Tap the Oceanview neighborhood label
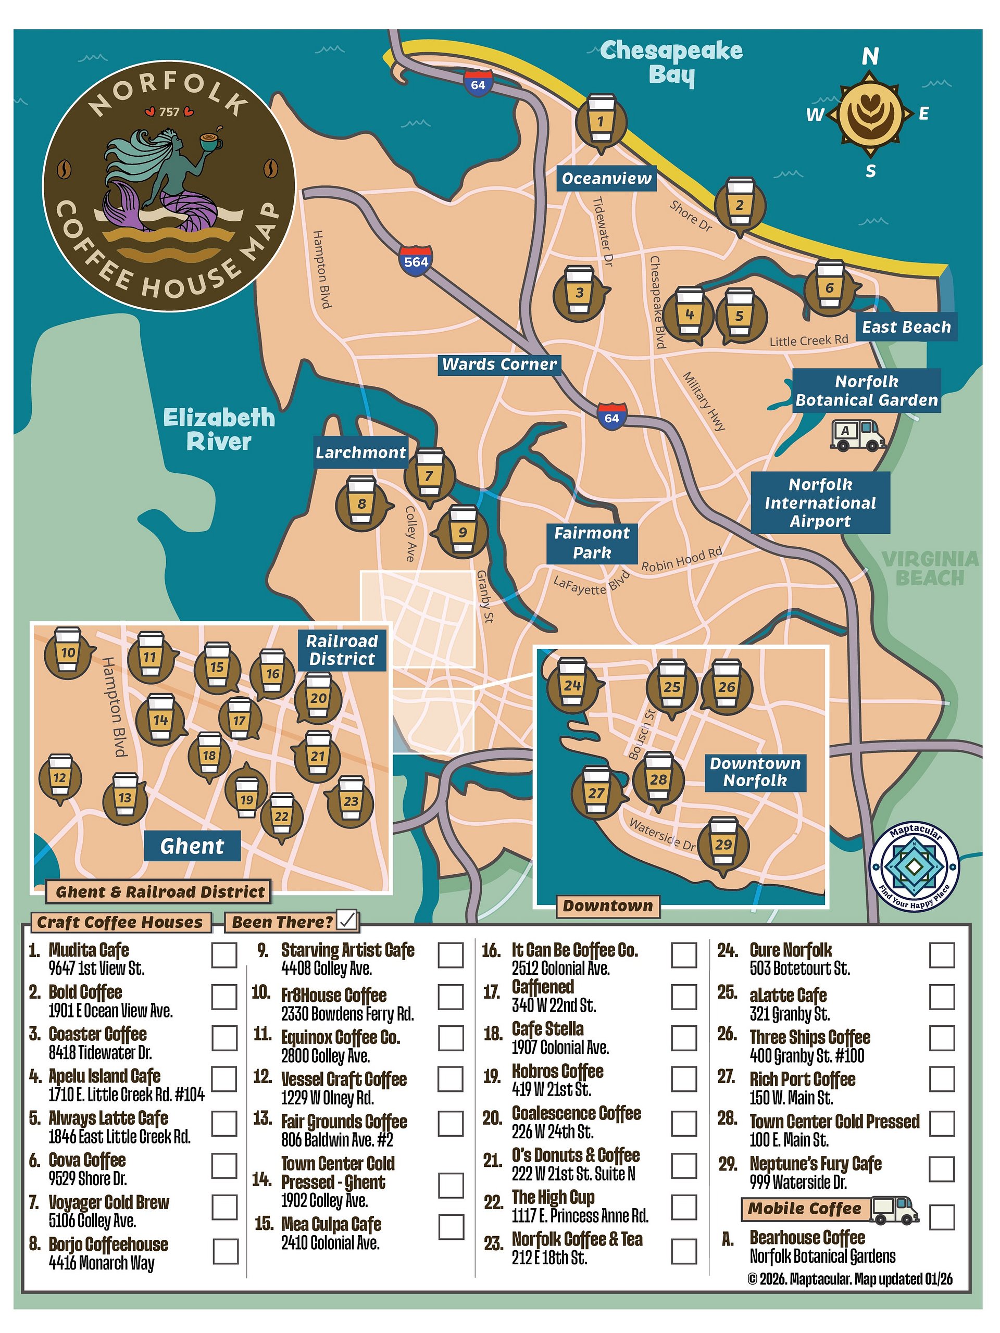(x=606, y=179)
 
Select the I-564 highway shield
(x=416, y=261)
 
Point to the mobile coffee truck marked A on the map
(x=857, y=434)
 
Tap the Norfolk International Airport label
(x=820, y=502)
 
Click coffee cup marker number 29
(x=723, y=843)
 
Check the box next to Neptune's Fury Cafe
(x=942, y=1168)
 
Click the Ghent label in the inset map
(x=192, y=846)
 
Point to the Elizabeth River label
(x=218, y=429)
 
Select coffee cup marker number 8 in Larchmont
(x=360, y=502)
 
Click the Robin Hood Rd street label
(x=681, y=560)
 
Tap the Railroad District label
(x=342, y=650)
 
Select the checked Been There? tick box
(x=348, y=920)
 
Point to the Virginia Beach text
(x=930, y=568)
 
